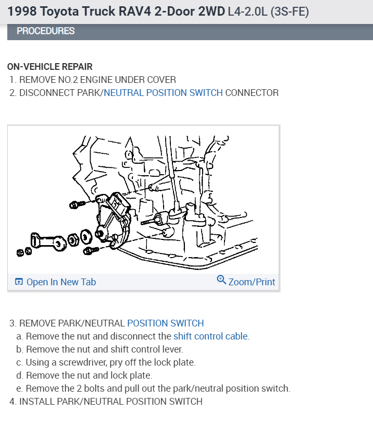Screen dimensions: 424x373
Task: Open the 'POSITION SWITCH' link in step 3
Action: click(x=165, y=323)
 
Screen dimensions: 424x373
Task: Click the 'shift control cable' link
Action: click(x=210, y=336)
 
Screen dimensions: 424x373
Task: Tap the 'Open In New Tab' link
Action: click(x=61, y=282)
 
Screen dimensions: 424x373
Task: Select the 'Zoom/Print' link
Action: click(x=251, y=282)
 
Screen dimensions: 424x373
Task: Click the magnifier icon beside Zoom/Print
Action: click(x=221, y=281)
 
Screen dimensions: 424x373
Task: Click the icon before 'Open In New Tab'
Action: click(x=19, y=282)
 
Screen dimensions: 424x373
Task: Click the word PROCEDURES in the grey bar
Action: click(x=46, y=31)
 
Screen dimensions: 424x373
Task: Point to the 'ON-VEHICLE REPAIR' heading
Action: click(x=50, y=67)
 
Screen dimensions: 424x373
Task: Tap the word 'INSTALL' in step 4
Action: click(x=37, y=402)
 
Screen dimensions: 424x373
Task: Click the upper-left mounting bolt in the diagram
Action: click(x=77, y=203)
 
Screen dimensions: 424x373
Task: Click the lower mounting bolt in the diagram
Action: click(x=91, y=251)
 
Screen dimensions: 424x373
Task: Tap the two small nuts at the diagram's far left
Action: click(x=24, y=252)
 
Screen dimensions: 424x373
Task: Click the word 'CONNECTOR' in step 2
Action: click(x=252, y=93)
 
